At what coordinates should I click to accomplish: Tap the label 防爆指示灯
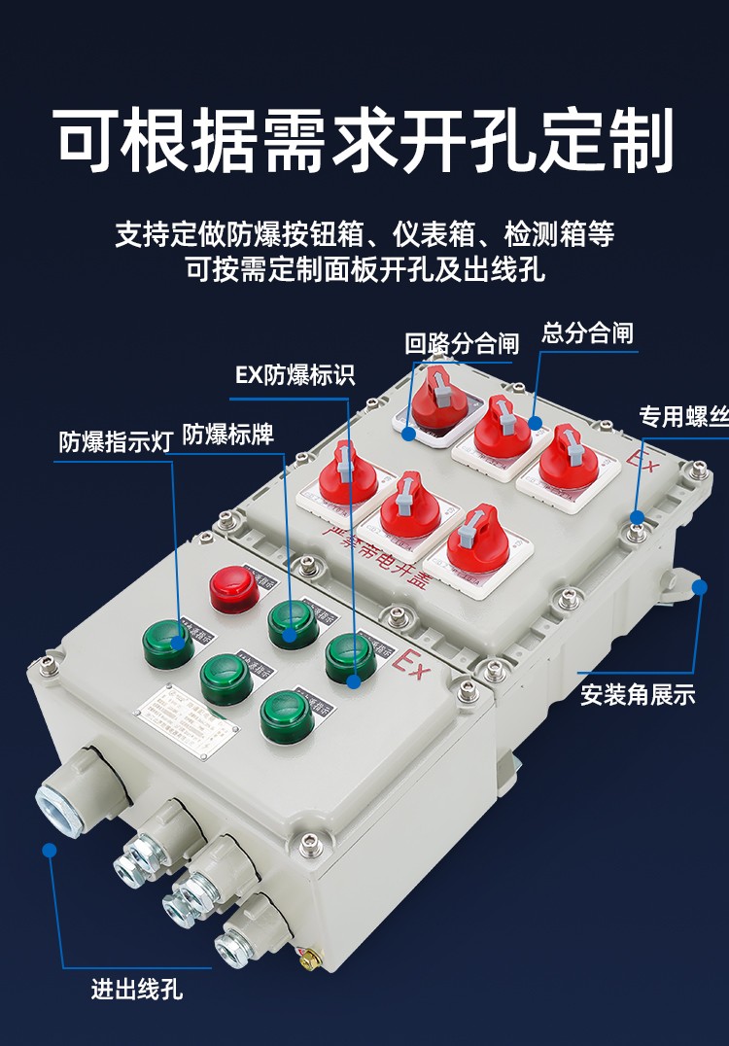pos(115,441)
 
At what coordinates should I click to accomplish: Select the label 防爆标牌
pos(228,435)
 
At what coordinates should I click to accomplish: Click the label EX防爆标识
pos(295,375)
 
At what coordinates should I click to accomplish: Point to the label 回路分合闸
pos(462,343)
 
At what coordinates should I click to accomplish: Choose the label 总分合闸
pos(587,333)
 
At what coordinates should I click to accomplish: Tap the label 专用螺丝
pos(682,417)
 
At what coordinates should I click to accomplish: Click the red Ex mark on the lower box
pos(410,665)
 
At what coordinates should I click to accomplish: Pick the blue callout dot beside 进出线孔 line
pos(50,850)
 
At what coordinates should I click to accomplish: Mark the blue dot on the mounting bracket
pos(699,586)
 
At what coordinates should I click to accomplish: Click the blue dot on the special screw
pos(637,515)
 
